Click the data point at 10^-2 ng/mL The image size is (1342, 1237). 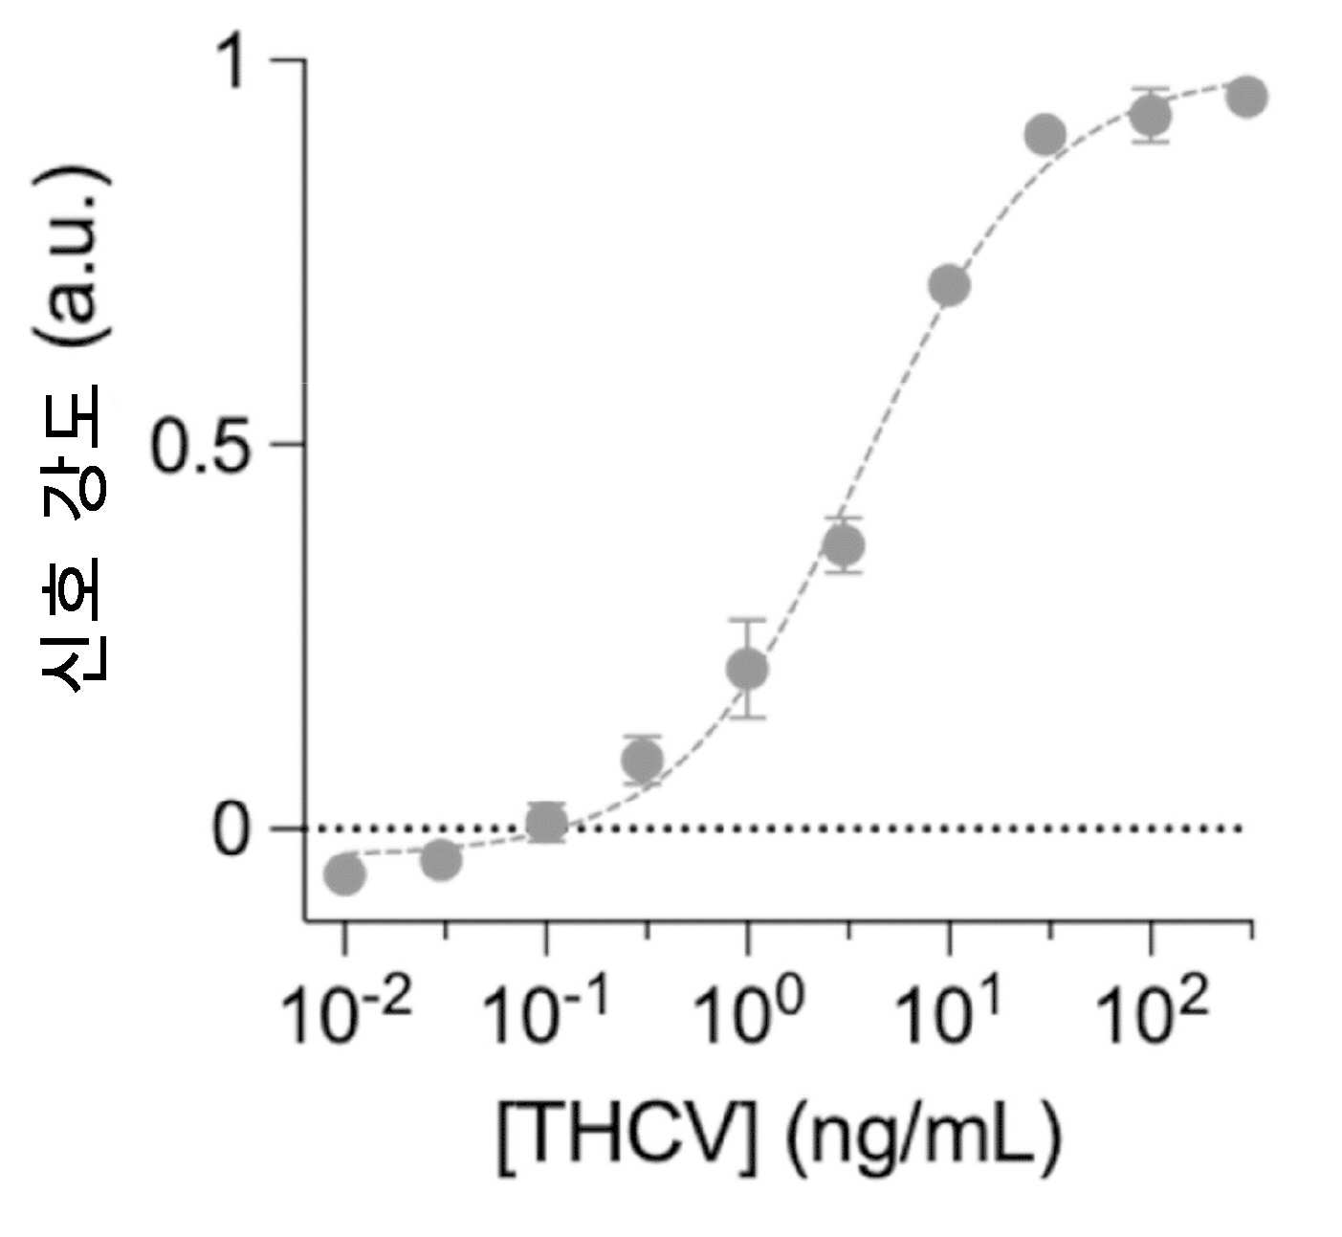[344, 873]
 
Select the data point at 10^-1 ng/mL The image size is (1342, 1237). [546, 824]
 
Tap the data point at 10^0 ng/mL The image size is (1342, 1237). [747, 668]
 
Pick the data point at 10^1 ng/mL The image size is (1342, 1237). [949, 285]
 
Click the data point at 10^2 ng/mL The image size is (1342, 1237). [1151, 117]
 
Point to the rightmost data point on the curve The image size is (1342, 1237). [1248, 97]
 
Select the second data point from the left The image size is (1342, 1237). [441, 859]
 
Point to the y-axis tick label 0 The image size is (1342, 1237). [229, 829]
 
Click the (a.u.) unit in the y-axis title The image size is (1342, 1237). [73, 255]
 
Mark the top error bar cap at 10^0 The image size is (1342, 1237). [747, 619]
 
